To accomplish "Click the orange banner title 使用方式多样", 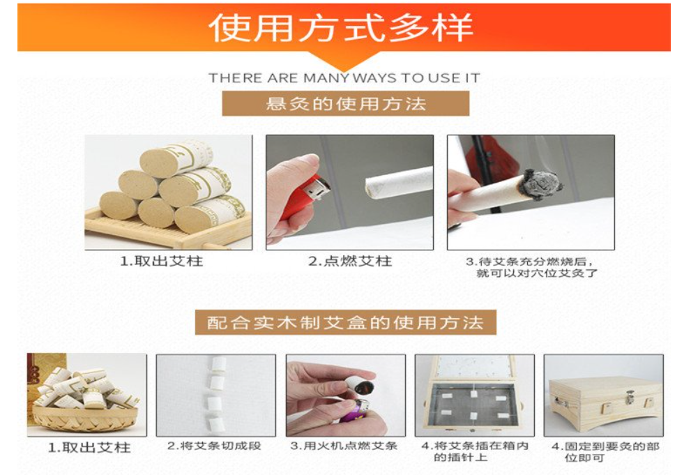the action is click(x=341, y=28).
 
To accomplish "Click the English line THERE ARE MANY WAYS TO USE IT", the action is click(x=344, y=78).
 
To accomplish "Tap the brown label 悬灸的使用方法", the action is click(x=346, y=104).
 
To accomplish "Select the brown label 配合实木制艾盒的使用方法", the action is click(x=346, y=322).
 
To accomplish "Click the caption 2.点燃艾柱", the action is click(x=350, y=262).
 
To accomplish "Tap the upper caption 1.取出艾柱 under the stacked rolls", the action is click(x=162, y=262).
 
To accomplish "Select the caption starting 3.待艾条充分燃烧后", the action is click(x=532, y=267).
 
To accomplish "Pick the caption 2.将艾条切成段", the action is click(x=214, y=446).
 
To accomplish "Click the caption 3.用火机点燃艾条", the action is click(x=344, y=446).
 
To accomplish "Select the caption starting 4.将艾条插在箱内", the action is click(x=475, y=452).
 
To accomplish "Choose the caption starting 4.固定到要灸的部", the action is click(x=605, y=452).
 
